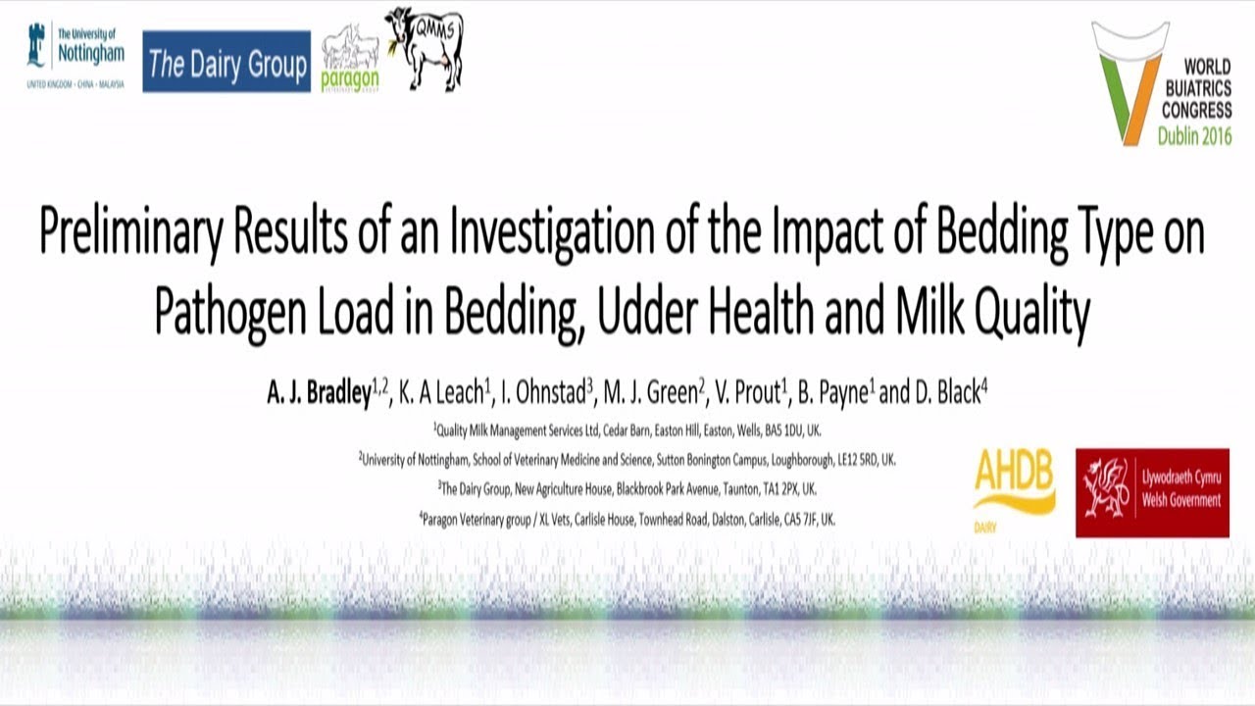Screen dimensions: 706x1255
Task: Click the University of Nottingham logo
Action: [x=75, y=57]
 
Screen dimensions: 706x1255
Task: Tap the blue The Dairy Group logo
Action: [x=226, y=62]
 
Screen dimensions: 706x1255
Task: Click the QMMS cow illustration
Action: [x=424, y=47]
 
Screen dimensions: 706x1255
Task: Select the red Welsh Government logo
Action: [x=1152, y=493]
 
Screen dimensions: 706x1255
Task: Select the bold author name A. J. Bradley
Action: [x=319, y=394]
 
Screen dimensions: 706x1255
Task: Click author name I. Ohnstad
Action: [x=542, y=394]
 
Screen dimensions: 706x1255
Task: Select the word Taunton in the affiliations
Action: [x=722, y=488]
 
